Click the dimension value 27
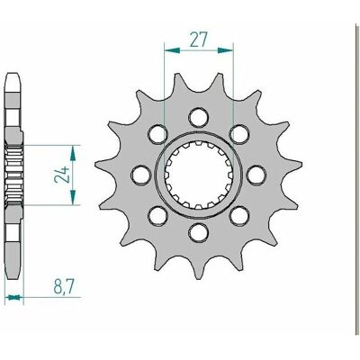coord(199,40)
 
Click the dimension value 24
coord(62,175)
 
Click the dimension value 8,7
coord(64,286)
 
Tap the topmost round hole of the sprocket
coord(198,117)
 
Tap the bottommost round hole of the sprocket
coord(198,233)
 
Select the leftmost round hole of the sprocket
coord(141,175)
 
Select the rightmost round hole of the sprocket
coord(256,175)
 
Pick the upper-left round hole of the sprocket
coord(157,134)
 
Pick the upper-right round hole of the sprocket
coord(239,134)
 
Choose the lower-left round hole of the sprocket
coord(157,216)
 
